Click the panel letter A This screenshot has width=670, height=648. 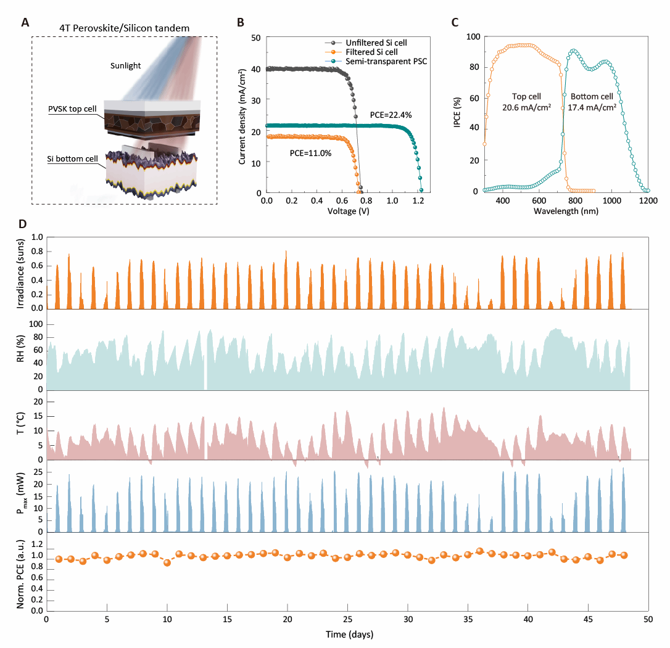[x=25, y=23]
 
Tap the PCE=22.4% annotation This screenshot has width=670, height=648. [x=395, y=115]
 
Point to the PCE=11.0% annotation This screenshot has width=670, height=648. [x=310, y=153]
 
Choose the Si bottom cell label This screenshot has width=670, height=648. [x=72, y=159]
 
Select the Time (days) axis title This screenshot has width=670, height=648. [x=347, y=633]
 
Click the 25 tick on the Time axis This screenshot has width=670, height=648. [x=347, y=620]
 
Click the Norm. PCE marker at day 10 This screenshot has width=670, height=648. [x=167, y=562]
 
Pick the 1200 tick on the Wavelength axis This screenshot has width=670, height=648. [x=648, y=201]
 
